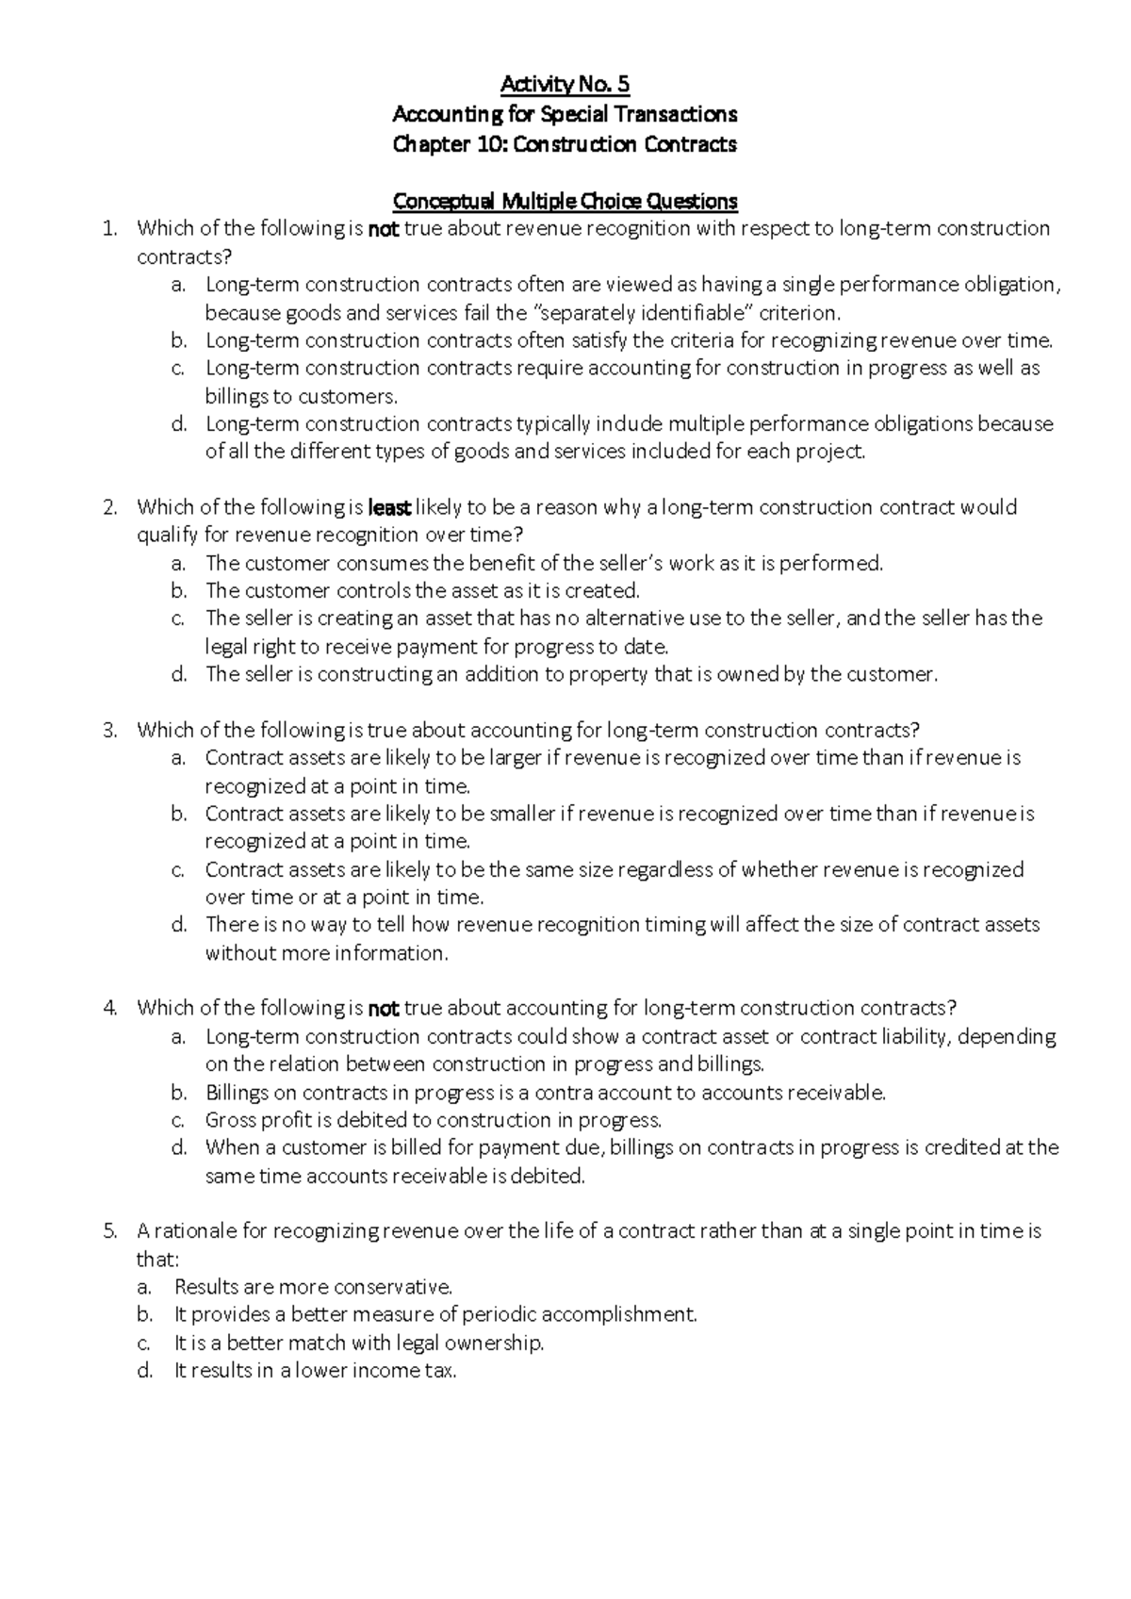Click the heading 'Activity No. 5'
point(565,85)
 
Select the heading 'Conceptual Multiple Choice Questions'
point(565,201)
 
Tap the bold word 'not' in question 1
point(383,228)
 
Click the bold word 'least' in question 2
point(388,507)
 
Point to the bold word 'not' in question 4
point(383,1008)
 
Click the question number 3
point(110,730)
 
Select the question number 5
point(110,1231)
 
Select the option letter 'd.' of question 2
point(179,674)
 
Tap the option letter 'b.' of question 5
point(144,1314)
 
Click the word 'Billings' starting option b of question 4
point(236,1093)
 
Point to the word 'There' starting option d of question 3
point(231,925)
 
